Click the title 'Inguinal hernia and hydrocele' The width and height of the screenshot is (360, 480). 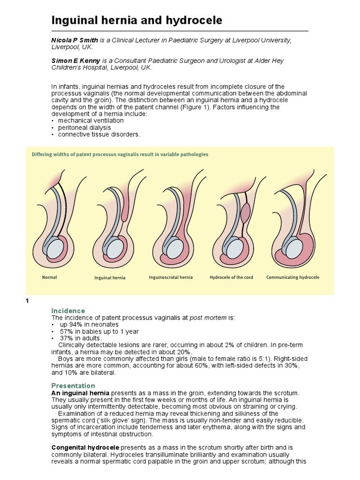[x=136, y=21]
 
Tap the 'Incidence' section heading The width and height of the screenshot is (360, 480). [x=68, y=311]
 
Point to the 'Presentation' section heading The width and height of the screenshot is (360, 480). [x=73, y=386]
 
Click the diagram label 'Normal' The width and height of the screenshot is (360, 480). [x=50, y=277]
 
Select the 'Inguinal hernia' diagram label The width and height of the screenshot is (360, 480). [x=110, y=278]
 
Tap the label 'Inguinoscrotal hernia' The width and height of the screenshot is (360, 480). [x=171, y=277]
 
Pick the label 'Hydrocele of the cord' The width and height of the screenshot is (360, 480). [x=232, y=277]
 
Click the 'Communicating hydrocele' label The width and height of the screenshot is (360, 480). [x=292, y=277]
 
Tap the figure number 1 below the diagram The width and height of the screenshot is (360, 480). [x=27, y=301]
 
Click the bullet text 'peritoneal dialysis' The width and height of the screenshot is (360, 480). [x=84, y=127]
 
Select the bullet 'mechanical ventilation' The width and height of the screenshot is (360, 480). [x=90, y=120]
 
